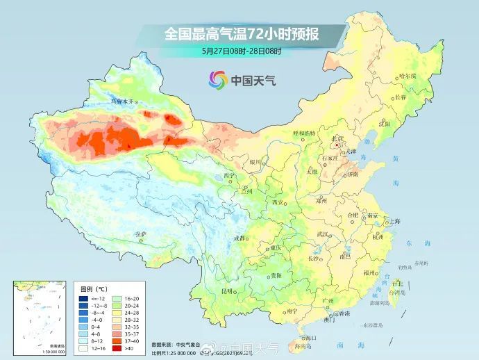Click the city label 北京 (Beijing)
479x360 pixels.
point(338,138)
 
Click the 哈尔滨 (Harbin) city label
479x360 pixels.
point(409,76)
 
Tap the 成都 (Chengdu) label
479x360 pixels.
point(239,238)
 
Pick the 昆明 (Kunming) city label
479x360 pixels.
point(227,291)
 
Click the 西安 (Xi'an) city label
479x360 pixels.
point(278,202)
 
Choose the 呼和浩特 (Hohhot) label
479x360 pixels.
point(303,133)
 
